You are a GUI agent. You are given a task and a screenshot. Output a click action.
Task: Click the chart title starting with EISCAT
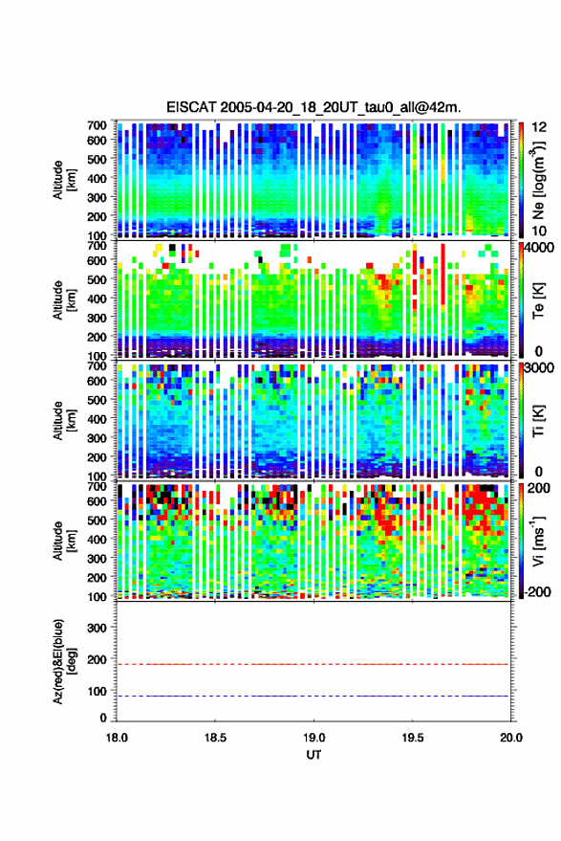coord(313,107)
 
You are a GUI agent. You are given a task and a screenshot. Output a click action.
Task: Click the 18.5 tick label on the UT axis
coord(215,738)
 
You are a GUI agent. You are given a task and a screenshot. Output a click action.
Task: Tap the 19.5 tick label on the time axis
coord(412,738)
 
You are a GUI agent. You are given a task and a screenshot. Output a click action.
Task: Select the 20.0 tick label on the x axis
coord(511,738)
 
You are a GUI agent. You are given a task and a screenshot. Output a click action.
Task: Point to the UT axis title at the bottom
coord(313,755)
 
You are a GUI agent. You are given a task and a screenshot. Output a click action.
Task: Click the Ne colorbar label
coord(538,180)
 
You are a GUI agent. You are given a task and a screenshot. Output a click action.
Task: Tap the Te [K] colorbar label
coord(538,300)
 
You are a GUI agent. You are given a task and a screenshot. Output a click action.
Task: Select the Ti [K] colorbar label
coord(538,421)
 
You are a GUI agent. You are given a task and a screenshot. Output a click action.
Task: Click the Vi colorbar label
coord(538,541)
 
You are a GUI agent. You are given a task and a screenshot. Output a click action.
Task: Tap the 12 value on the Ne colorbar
coord(540,127)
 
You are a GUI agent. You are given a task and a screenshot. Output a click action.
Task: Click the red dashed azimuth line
coord(313,664)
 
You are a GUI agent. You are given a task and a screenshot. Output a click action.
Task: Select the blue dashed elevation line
coord(313,697)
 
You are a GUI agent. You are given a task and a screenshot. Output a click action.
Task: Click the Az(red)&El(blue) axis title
coord(64,661)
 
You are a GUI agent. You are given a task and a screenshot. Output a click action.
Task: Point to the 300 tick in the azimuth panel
coord(97,628)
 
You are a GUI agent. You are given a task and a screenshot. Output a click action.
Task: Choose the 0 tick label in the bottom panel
coord(103,718)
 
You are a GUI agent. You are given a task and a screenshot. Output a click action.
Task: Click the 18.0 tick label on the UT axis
coord(117,738)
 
